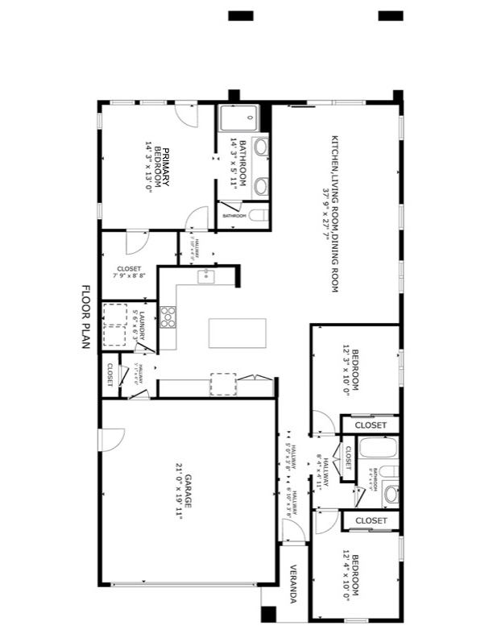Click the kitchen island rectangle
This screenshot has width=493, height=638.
(237, 333)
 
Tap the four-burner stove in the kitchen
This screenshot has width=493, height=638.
(168, 316)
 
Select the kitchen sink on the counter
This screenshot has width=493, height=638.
(205, 277)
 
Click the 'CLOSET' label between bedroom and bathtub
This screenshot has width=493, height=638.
(371, 425)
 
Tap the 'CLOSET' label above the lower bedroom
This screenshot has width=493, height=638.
(371, 520)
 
